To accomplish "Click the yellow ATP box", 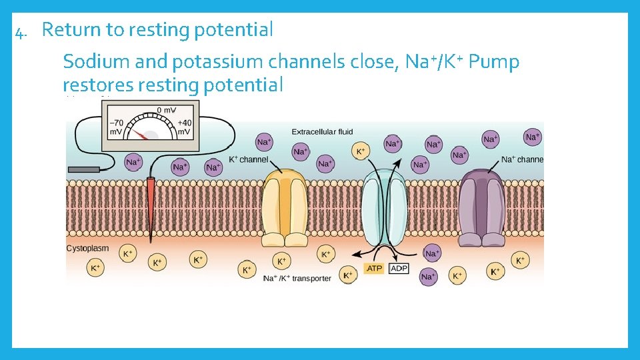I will (373, 268).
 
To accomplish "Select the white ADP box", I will (399, 268).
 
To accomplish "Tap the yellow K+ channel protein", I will (285, 207).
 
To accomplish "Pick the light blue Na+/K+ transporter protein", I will (383, 207).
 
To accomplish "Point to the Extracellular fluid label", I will (322, 132).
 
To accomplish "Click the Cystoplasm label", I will (87, 248).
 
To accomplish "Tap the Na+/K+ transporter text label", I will (297, 278).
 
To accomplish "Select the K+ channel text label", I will (248, 159).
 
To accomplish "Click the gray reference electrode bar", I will (83, 170).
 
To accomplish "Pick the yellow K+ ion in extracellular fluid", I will (361, 151).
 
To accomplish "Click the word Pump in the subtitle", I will (494, 63).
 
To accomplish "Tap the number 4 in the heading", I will (20, 31).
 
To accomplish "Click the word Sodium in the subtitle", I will (97, 63).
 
